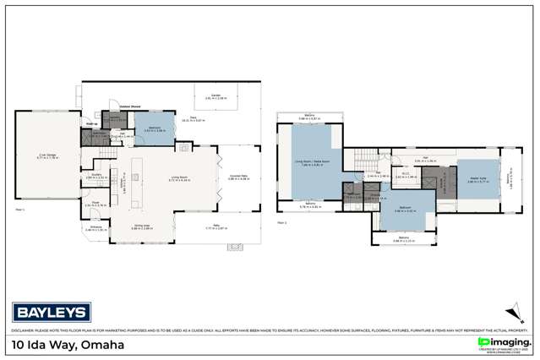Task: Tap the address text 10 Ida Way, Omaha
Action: click(67, 344)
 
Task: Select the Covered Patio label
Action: click(241, 177)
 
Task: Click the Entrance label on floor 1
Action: click(100, 228)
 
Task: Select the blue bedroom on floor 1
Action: click(155, 129)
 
